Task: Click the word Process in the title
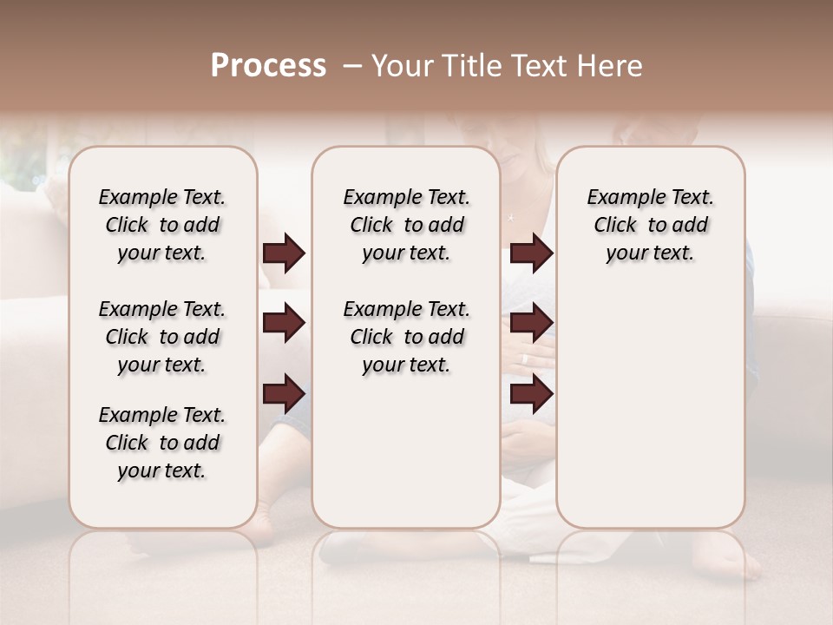click(268, 66)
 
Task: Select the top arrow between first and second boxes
click(284, 253)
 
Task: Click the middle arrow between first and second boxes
click(284, 324)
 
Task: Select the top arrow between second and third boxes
click(531, 253)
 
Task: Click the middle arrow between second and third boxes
click(531, 324)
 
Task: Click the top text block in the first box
click(162, 225)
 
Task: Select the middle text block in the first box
click(162, 337)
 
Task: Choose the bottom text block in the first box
click(162, 443)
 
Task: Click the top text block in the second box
click(406, 225)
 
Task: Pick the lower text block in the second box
click(406, 337)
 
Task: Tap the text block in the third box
click(650, 225)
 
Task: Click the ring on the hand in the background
click(524, 359)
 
